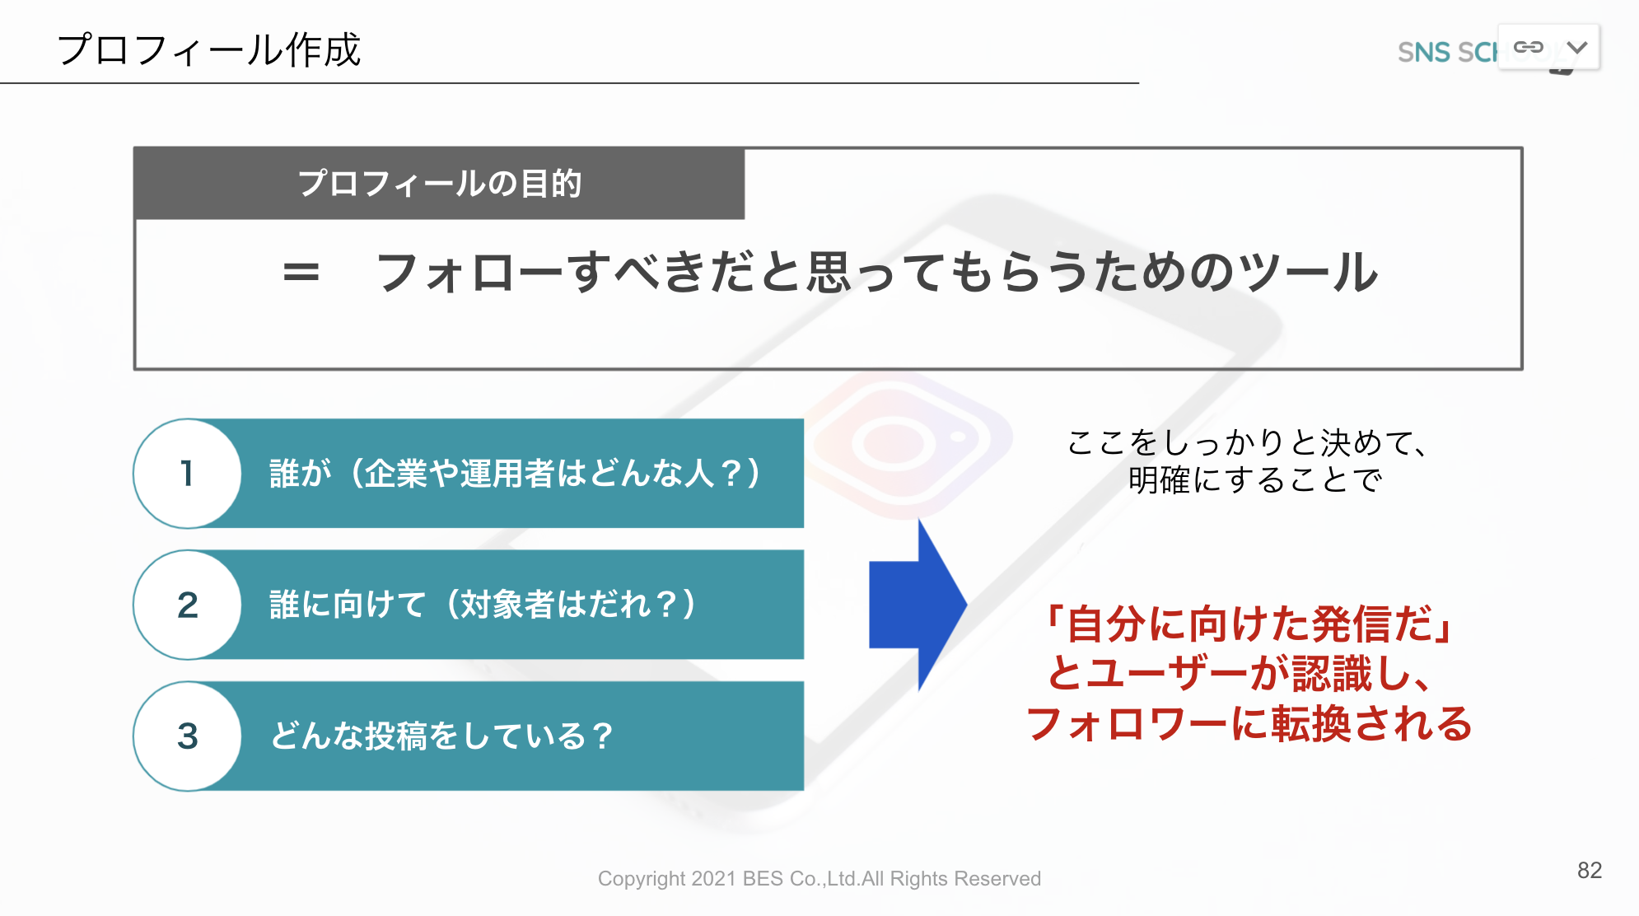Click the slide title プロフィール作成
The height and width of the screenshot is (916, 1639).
tap(209, 50)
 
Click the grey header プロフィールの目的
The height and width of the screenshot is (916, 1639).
tap(440, 183)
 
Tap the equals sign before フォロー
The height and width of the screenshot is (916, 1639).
tap(301, 272)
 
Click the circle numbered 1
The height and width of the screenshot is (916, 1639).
tap(188, 474)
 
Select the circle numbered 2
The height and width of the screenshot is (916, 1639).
tap(188, 605)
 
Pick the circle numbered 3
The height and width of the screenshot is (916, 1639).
tap(188, 736)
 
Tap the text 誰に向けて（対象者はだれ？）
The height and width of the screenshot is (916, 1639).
tap(483, 605)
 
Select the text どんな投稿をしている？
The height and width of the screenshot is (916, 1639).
tap(441, 736)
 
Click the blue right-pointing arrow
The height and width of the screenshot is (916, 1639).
tap(918, 605)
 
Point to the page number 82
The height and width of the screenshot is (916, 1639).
tap(1590, 871)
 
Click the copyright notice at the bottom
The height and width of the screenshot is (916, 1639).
tap(819, 879)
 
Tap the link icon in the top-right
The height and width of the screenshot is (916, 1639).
tap(1529, 47)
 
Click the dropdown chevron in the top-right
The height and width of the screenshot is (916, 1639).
tap(1577, 47)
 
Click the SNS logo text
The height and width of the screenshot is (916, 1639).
tap(1447, 52)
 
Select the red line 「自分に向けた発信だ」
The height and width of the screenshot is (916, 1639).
tap(1249, 624)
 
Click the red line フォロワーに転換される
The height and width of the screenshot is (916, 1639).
tap(1249, 724)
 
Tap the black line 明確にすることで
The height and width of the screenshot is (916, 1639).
tap(1254, 480)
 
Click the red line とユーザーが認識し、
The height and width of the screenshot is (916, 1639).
tap(1240, 674)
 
